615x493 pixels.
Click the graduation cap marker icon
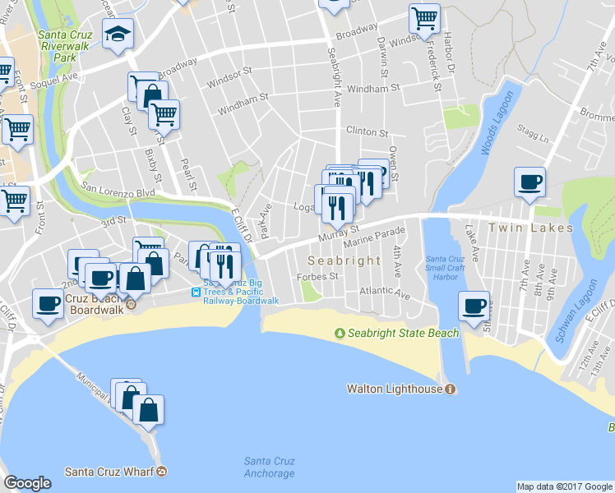tap(117, 35)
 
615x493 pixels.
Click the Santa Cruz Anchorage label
tap(269, 467)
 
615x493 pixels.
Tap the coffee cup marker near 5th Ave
tap(473, 306)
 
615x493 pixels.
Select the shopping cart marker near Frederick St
tap(424, 18)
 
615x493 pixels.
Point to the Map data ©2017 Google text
tap(564, 486)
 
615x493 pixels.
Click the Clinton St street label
tap(367, 131)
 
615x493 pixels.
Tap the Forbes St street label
tap(318, 276)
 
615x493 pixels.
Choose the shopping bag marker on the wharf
tap(148, 410)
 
